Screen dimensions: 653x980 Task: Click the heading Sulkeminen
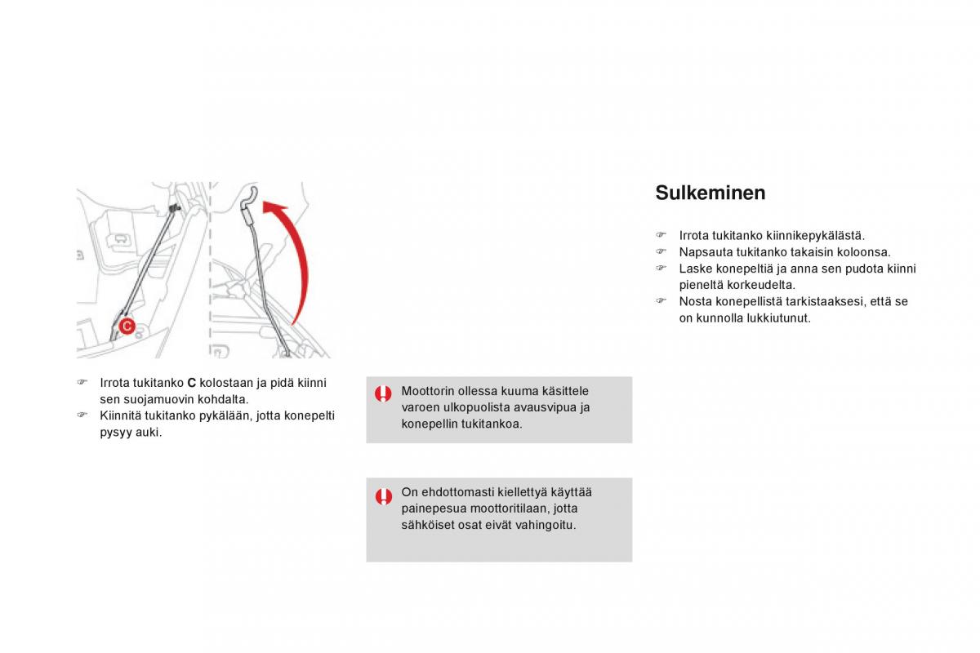click(710, 193)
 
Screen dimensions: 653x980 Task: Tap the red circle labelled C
click(127, 326)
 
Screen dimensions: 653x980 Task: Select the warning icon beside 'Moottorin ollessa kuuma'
click(383, 393)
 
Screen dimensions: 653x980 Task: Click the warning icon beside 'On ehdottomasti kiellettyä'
click(383, 495)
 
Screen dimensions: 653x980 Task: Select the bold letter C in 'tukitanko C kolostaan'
click(192, 383)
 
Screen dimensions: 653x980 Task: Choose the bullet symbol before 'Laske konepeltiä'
click(662, 269)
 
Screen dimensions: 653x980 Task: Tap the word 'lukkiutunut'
click(779, 318)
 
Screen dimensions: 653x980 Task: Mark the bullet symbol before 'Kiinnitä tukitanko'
click(82, 415)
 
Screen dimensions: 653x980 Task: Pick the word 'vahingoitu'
click(546, 525)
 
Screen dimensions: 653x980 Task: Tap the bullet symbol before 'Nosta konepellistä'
click(662, 301)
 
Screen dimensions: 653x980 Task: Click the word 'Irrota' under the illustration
click(116, 383)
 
